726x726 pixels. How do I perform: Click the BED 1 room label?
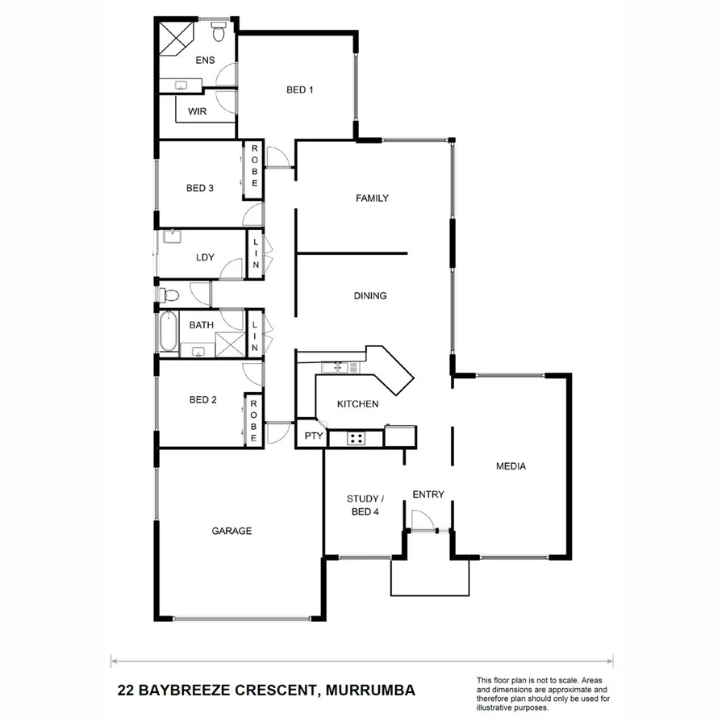coord(299,90)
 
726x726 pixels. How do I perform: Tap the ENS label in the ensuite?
coord(206,60)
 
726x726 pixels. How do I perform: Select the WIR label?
coord(198,111)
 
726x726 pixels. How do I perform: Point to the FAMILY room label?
coord(373,198)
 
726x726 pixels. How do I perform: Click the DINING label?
coord(370,296)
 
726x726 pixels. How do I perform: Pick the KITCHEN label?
coord(357,404)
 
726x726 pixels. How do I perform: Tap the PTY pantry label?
coord(312,436)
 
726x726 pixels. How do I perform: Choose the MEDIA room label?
coord(511,466)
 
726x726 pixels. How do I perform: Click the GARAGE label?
coord(232,531)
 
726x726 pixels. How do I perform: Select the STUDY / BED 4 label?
coord(362,505)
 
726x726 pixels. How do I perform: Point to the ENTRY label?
coord(428,494)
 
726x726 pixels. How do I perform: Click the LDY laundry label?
coord(204,258)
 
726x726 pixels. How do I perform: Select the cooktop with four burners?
coord(356,438)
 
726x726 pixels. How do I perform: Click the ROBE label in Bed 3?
coord(253,166)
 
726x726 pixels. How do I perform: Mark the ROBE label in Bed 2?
coord(253,420)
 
